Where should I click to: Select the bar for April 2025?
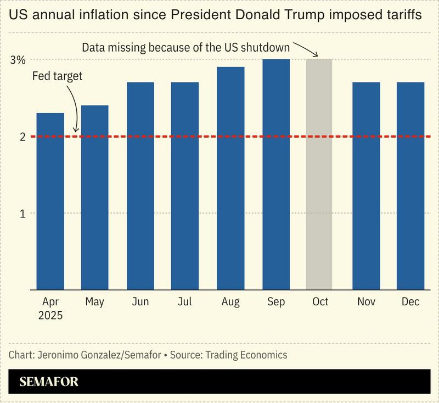tap(50, 201)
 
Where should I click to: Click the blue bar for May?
tap(94, 197)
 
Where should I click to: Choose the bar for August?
tap(230, 178)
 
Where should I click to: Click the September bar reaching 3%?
tap(276, 174)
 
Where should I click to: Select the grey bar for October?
tap(319, 174)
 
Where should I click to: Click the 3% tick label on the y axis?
tap(18, 60)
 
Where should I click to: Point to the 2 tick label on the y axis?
tap(22, 137)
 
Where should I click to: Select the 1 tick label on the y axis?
tap(22, 213)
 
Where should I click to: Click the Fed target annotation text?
tap(57, 76)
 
